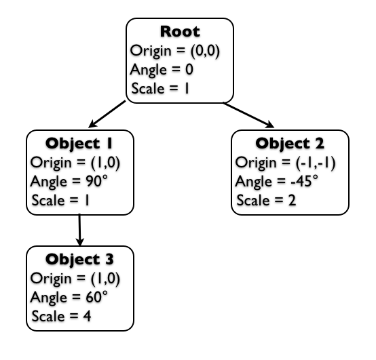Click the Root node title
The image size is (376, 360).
click(180, 31)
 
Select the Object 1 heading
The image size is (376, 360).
click(79, 144)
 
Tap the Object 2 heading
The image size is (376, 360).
click(290, 144)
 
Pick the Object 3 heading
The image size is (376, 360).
click(79, 260)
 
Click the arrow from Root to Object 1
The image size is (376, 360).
click(107, 114)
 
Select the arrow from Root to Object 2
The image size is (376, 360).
click(248, 115)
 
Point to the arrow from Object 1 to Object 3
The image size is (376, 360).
click(79, 230)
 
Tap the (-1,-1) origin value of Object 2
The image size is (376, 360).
click(315, 163)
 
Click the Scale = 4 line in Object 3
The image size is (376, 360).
click(61, 316)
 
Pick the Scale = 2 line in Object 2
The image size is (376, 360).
click(267, 200)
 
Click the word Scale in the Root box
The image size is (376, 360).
click(148, 88)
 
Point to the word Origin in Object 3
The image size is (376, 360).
click(51, 279)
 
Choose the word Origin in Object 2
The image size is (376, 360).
click(256, 163)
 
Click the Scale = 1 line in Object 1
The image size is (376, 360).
click(60, 200)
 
